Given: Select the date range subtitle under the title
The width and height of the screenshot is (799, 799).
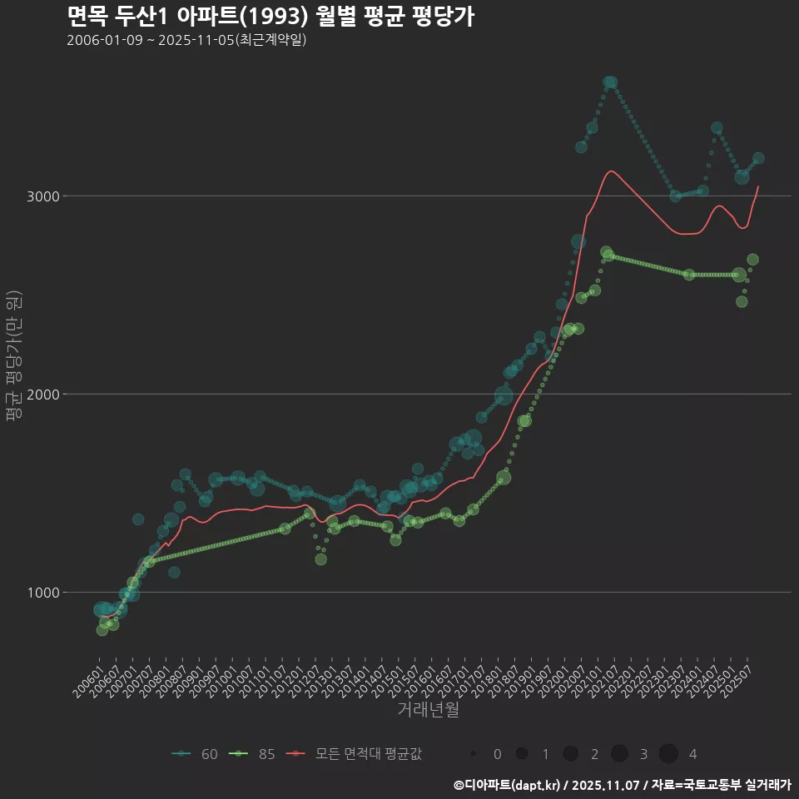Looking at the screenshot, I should point(186,40).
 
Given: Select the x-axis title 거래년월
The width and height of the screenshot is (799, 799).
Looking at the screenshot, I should point(428,709).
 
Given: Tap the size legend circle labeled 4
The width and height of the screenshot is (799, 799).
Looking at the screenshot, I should point(668,754).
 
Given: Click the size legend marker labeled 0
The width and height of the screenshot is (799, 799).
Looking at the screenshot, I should point(473,754).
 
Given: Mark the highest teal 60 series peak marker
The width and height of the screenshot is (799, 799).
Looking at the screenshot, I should point(610,82).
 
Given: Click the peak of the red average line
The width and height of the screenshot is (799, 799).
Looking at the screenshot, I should point(611,171).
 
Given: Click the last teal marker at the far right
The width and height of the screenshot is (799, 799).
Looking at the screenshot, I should point(758,158).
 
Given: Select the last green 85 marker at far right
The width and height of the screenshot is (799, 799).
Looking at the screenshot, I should point(752,260).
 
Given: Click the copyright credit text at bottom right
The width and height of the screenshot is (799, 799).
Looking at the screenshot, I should point(622,785).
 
